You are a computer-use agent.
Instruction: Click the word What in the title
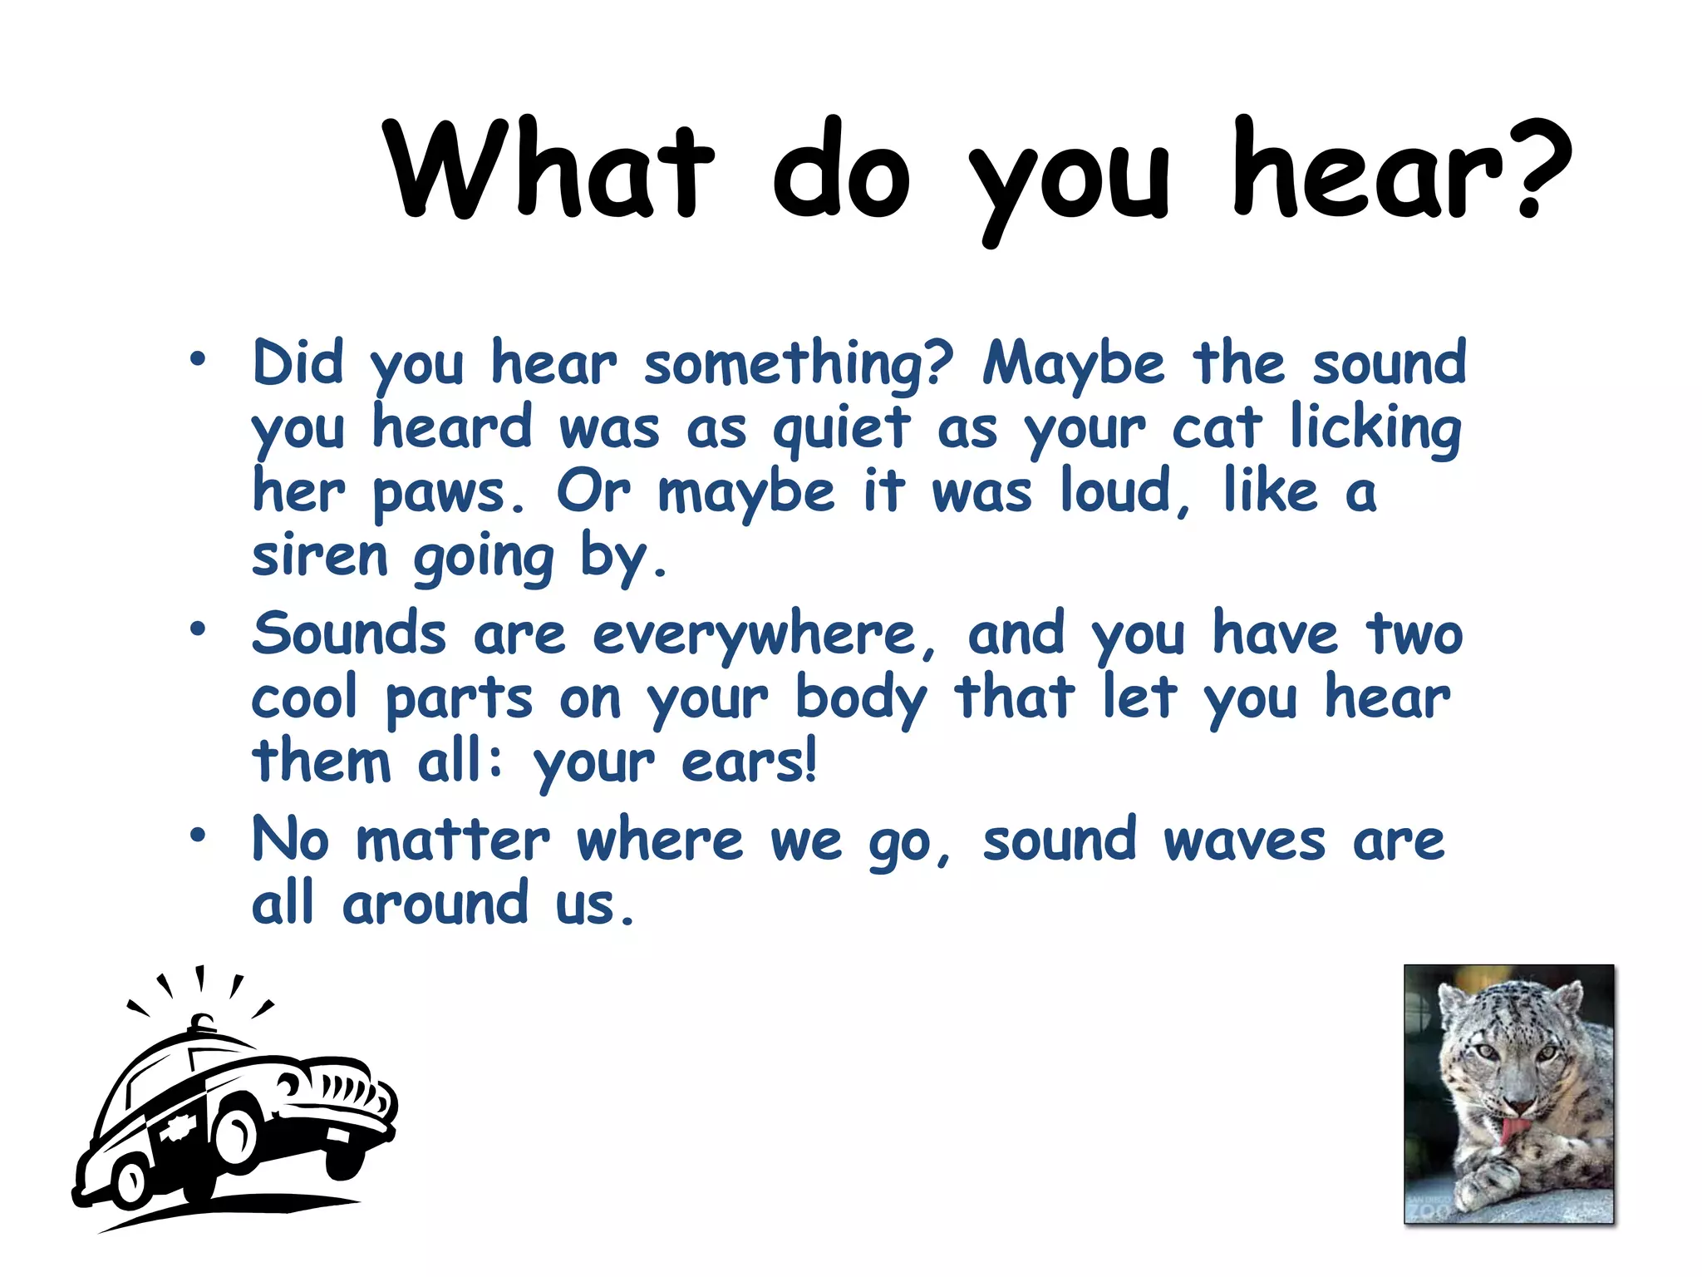click(x=548, y=170)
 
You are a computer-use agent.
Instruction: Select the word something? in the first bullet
click(x=798, y=366)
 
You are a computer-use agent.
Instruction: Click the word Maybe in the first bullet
click(x=1074, y=366)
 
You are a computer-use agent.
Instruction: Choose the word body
click(x=860, y=700)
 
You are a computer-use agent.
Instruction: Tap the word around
click(x=435, y=904)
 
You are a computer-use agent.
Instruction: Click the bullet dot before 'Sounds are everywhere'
click(x=197, y=629)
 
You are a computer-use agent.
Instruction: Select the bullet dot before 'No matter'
click(x=197, y=835)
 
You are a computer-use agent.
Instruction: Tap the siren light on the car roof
click(x=202, y=1023)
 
